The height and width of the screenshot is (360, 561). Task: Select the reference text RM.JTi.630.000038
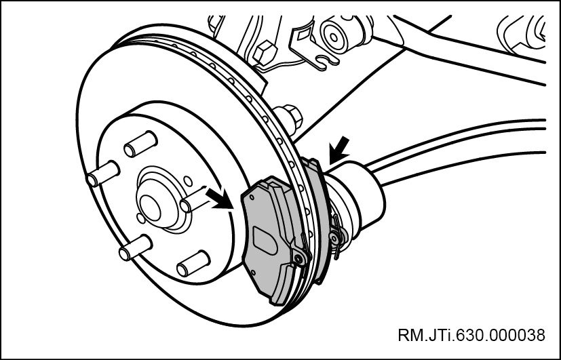point(472,336)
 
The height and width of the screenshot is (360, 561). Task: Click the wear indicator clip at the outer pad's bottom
point(298,256)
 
